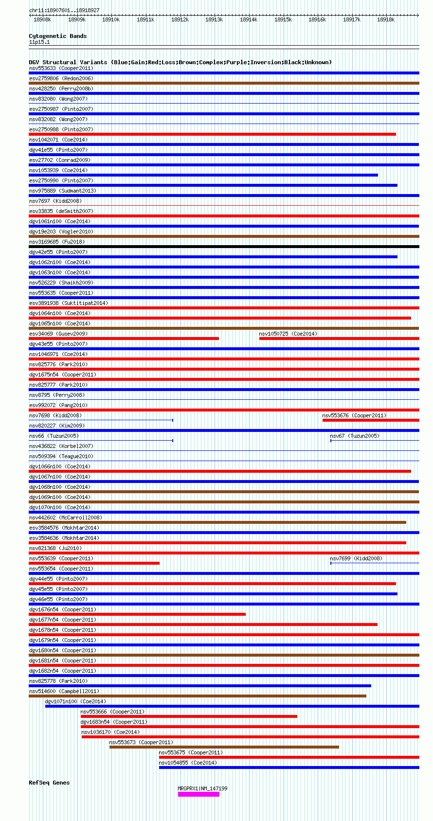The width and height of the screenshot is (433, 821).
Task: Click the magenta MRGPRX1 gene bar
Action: pyautogui.click(x=198, y=794)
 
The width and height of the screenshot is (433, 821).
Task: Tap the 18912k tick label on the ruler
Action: pyautogui.click(x=180, y=19)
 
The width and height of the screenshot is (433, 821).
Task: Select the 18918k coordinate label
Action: pyautogui.click(x=386, y=19)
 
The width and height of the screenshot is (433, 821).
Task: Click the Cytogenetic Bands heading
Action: pyautogui.click(x=57, y=36)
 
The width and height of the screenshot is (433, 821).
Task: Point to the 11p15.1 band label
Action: pyautogui.click(x=39, y=42)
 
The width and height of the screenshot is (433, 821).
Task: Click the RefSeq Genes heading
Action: pyautogui.click(x=49, y=783)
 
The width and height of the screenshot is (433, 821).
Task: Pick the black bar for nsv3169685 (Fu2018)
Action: pyautogui.click(x=224, y=247)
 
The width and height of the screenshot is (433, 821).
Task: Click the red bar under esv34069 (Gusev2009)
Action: pyautogui.click(x=124, y=339)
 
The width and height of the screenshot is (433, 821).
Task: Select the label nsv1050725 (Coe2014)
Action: pyautogui.click(x=288, y=334)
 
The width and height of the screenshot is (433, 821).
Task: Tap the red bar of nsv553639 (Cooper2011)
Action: pyautogui.click(x=94, y=563)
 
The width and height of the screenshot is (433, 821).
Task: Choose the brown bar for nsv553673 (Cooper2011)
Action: pyautogui.click(x=224, y=747)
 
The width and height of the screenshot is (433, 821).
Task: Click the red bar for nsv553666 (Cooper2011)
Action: pyautogui.click(x=189, y=716)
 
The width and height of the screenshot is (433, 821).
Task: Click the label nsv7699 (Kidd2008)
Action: pyautogui.click(x=356, y=558)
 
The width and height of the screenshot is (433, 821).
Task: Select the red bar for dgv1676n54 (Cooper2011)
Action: pyautogui.click(x=137, y=614)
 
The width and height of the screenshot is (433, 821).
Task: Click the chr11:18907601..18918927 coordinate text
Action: pyautogui.click(x=64, y=10)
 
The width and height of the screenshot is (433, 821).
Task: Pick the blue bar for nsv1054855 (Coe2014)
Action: pyautogui.click(x=289, y=767)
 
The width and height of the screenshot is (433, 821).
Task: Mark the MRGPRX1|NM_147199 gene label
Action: pyautogui.click(x=202, y=788)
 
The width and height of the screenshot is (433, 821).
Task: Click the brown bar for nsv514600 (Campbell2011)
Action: pyautogui.click(x=198, y=696)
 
